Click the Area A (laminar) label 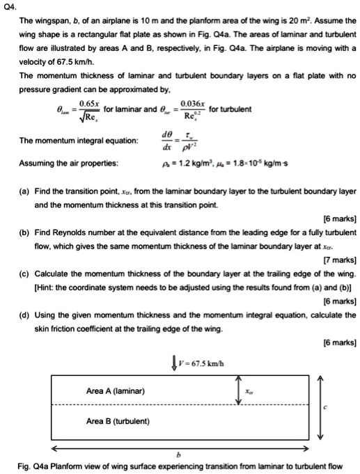[115, 391]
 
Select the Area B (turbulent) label [118, 421]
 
